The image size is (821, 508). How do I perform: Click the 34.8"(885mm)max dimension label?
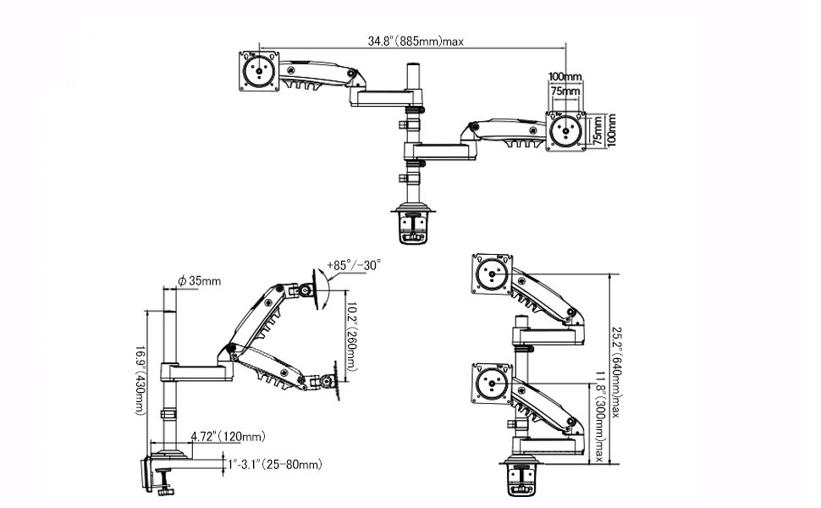tap(416, 40)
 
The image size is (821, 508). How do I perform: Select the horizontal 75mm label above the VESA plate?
tap(565, 91)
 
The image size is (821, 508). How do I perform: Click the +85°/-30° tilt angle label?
tap(353, 264)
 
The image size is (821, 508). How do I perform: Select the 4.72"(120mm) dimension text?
tap(227, 437)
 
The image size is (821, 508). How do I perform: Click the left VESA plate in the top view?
tap(259, 71)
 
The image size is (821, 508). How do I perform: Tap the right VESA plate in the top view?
tap(565, 131)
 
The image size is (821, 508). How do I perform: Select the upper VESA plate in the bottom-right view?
tap(493, 274)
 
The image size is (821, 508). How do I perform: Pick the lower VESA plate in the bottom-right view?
tap(493, 384)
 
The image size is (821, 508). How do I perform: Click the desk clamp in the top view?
tap(412, 225)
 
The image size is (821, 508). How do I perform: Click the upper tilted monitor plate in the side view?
tap(322, 286)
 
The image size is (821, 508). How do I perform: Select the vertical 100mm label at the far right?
tap(612, 131)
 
